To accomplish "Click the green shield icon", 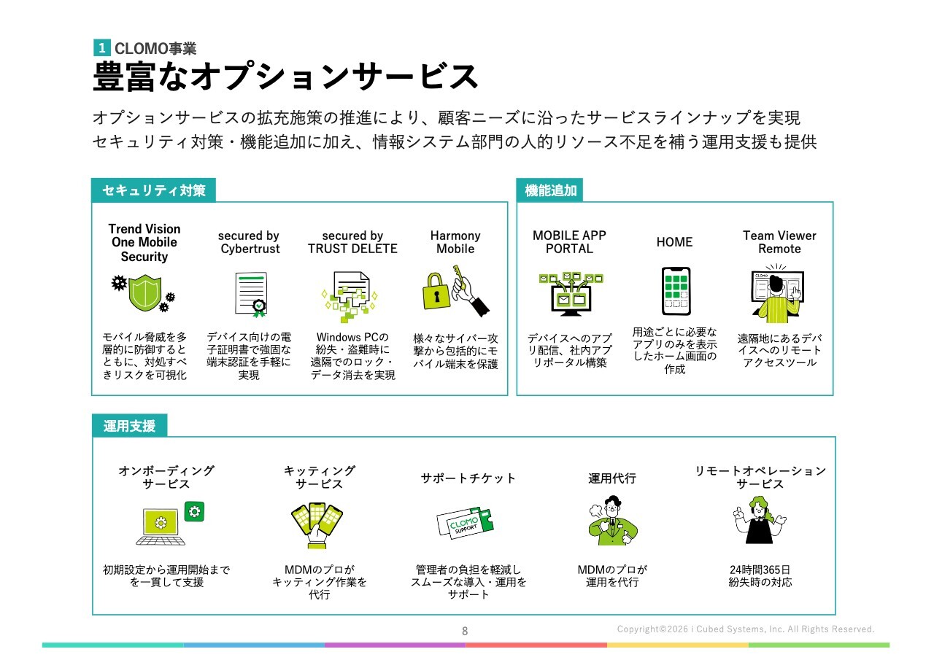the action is click(x=144, y=293).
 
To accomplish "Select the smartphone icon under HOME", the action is click(x=676, y=291).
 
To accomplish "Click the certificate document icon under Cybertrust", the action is click(x=251, y=295).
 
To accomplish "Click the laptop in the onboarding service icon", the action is click(x=161, y=527).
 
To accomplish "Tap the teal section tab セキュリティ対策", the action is click(x=153, y=190).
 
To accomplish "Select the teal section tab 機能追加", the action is click(x=549, y=190).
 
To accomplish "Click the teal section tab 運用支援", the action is click(x=129, y=425).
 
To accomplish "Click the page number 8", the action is click(x=465, y=631).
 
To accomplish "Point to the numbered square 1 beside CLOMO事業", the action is click(x=101, y=47).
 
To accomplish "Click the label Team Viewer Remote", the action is click(x=779, y=242).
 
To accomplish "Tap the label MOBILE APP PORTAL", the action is click(x=569, y=242).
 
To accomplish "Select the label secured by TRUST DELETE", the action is click(x=352, y=242).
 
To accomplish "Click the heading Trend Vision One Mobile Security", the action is click(x=144, y=243).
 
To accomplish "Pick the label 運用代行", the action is click(x=611, y=478).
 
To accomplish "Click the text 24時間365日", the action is click(x=760, y=569).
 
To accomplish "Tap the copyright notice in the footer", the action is click(x=746, y=629).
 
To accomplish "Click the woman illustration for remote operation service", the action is click(x=759, y=520).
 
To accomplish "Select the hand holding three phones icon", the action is click(x=317, y=527).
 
